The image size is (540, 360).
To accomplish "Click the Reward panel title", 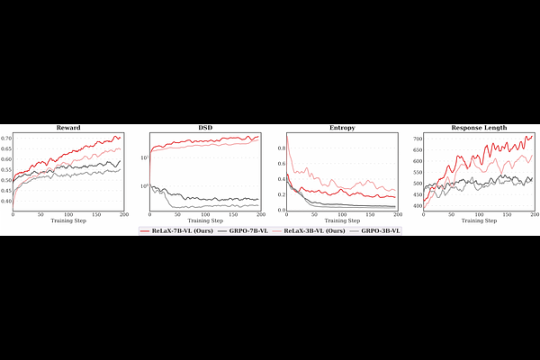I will [68, 128].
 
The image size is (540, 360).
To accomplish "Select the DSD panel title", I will [205, 128].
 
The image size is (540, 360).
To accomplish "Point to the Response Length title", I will [479, 128].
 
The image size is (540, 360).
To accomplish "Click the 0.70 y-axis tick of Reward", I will [6, 139].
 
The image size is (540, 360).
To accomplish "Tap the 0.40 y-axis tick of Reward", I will [6, 202].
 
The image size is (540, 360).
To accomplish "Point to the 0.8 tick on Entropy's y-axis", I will [281, 148].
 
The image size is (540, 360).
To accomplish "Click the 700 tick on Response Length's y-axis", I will [417, 139].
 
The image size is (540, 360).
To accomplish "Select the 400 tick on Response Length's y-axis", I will [417, 206].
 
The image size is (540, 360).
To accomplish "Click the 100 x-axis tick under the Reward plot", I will [68, 215].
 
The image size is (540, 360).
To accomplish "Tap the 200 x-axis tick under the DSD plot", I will [261, 215].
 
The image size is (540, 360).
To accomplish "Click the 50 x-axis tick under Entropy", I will [314, 215].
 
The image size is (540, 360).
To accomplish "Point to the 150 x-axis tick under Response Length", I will [507, 215].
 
